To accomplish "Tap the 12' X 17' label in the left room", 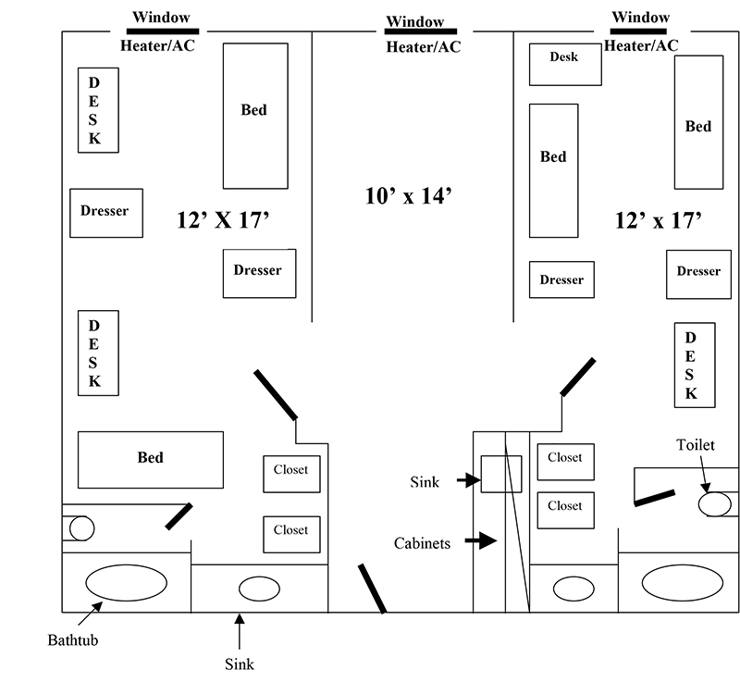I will click(x=222, y=219).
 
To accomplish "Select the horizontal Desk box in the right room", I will click(x=564, y=63).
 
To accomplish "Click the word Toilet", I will click(x=695, y=445).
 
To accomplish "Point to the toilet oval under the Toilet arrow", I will click(x=714, y=504).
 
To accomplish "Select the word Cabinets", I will click(x=422, y=543).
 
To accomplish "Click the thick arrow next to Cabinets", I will click(x=480, y=540).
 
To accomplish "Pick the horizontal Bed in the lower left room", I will click(x=150, y=459).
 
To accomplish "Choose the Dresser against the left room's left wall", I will click(x=105, y=212).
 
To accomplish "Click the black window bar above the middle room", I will click(x=413, y=31).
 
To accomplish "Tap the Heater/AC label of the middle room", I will click(x=422, y=47).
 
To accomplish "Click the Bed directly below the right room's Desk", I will click(x=553, y=170).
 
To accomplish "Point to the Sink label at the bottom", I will click(x=239, y=663).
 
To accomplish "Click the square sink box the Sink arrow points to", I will click(x=500, y=474).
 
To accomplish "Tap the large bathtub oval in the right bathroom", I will click(x=682, y=583).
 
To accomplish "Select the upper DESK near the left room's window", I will click(x=96, y=110).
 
